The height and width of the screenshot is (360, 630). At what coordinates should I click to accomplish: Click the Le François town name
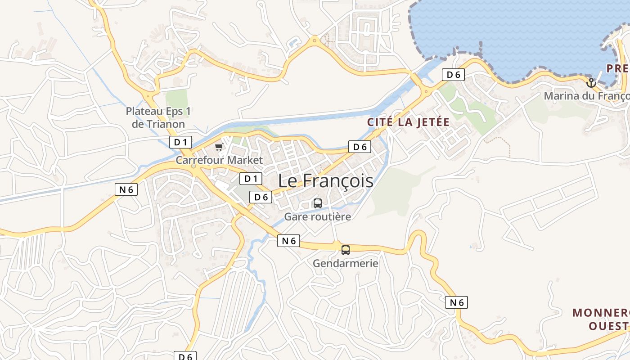tap(325, 180)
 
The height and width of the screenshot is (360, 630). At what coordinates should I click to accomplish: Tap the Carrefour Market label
tap(219, 160)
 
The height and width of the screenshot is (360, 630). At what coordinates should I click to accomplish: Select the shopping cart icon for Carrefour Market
tap(219, 147)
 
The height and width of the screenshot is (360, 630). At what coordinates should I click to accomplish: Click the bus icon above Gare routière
tap(317, 203)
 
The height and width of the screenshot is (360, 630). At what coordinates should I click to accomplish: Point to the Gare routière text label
tap(317, 216)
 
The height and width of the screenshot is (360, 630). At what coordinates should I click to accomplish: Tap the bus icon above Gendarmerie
tap(345, 250)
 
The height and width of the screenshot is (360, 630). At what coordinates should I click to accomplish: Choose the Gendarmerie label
tap(345, 263)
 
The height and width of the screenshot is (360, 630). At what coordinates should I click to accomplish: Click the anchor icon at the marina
tap(591, 83)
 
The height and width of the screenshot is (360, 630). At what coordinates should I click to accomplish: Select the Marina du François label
tap(586, 96)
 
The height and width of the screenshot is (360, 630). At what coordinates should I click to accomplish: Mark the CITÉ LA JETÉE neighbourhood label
tap(408, 122)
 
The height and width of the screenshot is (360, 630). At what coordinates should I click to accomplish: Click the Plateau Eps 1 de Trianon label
tap(155, 117)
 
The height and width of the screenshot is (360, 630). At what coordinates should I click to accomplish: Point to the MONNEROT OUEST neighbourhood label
tap(601, 319)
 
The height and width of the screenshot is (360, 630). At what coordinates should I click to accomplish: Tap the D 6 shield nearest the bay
tap(453, 75)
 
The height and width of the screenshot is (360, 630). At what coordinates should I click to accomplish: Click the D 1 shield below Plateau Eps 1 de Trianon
tap(180, 142)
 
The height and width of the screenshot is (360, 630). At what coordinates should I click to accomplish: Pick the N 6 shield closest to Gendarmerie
tap(288, 241)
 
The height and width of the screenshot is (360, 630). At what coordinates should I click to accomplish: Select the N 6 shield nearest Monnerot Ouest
tap(457, 302)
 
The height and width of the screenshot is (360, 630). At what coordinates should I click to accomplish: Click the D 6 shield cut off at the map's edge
tap(185, 356)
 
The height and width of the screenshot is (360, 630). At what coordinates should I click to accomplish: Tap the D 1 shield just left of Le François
tap(251, 179)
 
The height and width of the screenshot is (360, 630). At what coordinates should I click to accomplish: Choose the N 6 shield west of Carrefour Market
tap(126, 189)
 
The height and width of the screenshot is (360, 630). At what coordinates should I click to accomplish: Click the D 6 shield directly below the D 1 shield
tap(261, 197)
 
